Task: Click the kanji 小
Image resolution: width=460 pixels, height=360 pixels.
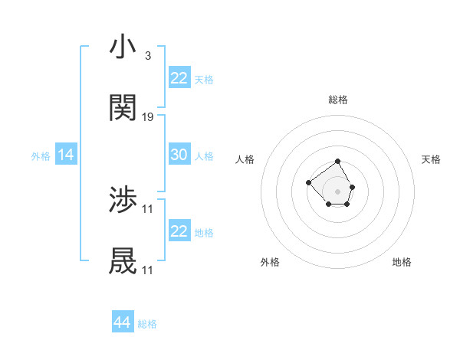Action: point(123,47)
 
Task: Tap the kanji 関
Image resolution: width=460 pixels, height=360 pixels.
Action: point(123,109)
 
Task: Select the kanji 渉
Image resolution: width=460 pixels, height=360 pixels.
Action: point(123,201)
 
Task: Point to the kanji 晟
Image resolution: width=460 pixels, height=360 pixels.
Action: point(123,262)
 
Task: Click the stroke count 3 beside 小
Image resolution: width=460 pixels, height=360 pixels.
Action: point(147,56)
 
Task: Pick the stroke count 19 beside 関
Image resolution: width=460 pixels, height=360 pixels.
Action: point(149,117)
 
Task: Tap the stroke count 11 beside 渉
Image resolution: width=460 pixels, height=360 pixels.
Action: point(149,209)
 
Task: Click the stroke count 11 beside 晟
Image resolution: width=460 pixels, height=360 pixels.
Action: point(149,270)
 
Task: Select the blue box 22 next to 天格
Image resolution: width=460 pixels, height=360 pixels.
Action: point(179,77)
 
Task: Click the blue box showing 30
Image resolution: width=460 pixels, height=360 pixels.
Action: point(179,155)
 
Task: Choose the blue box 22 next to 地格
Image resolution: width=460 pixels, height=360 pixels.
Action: point(179,231)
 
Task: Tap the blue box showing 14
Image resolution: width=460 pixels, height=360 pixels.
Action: point(66,155)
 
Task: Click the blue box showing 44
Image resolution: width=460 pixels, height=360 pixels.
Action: point(123,322)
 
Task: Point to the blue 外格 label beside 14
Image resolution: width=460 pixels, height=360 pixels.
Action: point(41,156)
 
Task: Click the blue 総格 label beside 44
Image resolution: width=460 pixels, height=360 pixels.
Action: point(147,324)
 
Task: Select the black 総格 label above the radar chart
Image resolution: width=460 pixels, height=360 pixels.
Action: point(338,100)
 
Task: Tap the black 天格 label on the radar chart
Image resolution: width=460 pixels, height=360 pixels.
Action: point(431,159)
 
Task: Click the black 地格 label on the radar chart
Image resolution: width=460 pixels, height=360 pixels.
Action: point(402,262)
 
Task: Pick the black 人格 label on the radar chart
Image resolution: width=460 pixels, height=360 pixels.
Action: point(245,159)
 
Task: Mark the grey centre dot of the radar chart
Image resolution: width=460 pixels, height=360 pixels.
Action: point(338,191)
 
